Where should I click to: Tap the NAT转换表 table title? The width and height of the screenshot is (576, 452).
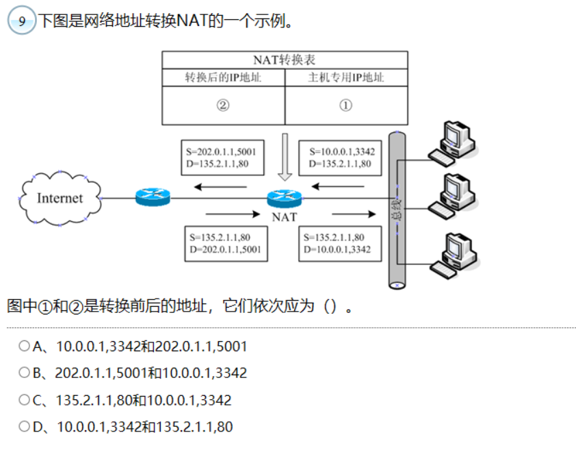(x=285, y=60)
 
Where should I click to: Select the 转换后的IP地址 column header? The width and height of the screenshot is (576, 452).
(x=223, y=77)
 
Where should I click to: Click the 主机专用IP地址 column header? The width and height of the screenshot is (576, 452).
(x=346, y=77)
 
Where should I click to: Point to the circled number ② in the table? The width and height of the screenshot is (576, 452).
(x=222, y=105)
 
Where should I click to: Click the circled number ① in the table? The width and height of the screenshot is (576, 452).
(x=345, y=105)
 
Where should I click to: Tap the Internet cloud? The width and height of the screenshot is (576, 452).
(x=60, y=199)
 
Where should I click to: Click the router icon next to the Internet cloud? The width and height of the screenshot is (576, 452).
(x=151, y=197)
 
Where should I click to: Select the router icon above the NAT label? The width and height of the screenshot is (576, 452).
(x=285, y=198)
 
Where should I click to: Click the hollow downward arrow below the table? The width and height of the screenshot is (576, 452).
(x=285, y=157)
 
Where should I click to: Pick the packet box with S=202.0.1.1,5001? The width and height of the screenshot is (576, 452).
(x=222, y=158)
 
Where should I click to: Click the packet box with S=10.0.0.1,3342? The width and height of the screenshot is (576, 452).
(x=342, y=158)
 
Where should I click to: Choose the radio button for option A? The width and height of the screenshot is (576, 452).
(x=25, y=347)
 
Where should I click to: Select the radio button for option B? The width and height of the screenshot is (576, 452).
(x=25, y=373)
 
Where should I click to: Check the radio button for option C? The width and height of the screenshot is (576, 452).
(x=25, y=400)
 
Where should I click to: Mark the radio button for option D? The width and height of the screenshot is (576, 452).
(x=25, y=427)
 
